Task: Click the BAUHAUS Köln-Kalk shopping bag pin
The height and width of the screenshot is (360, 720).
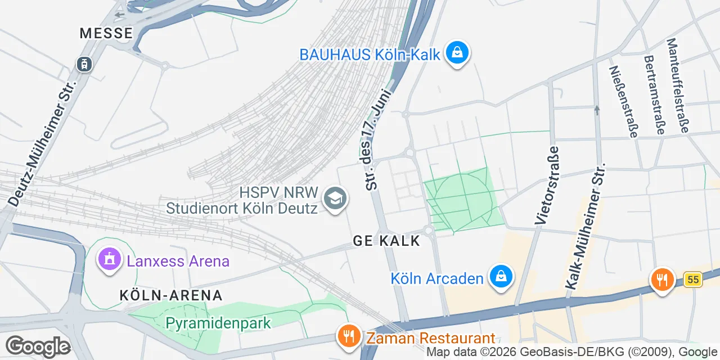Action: pos(457,53)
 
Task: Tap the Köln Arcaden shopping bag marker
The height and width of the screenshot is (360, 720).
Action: pos(499,277)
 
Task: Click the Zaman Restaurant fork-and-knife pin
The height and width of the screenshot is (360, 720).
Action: pos(349,336)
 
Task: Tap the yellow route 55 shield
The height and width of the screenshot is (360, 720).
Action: pos(693,279)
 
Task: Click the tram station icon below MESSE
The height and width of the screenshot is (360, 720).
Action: pos(84,64)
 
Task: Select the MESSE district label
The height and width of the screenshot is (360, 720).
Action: pos(106,33)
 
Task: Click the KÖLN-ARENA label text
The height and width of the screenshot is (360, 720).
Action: pos(171,295)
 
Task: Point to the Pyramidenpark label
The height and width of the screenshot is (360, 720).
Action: pos(218,323)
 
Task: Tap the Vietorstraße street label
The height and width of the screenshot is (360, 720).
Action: pos(547,186)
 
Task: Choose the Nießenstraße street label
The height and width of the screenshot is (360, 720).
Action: pos(624,101)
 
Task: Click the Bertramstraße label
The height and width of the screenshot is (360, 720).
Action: pos(654,94)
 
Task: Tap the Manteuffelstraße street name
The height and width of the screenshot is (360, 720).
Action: pos(677,85)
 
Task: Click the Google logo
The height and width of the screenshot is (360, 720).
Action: pos(38,346)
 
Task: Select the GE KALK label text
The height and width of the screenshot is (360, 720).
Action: pos(386,241)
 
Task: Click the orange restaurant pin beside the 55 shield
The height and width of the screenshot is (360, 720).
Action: pos(663,280)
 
